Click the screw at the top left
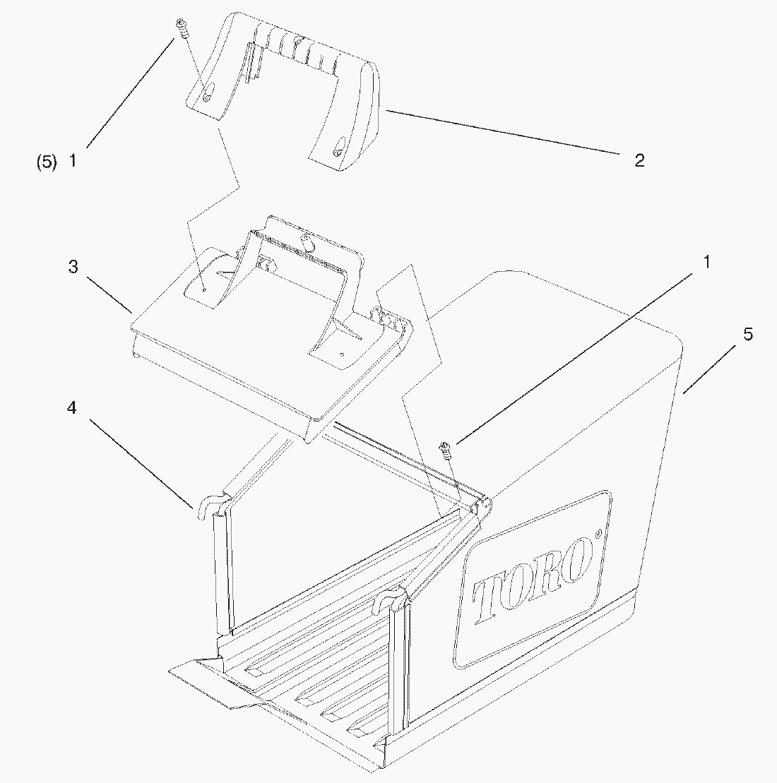(182, 30)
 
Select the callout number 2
(639, 160)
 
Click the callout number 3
(73, 267)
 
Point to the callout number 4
(72, 408)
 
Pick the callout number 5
(747, 334)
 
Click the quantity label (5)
(47, 162)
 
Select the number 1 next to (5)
(73, 161)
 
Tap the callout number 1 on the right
(706, 262)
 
